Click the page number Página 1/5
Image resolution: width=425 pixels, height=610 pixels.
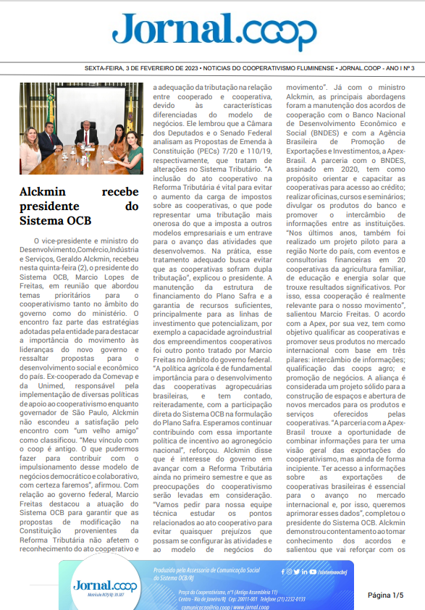(x=385, y=595)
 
